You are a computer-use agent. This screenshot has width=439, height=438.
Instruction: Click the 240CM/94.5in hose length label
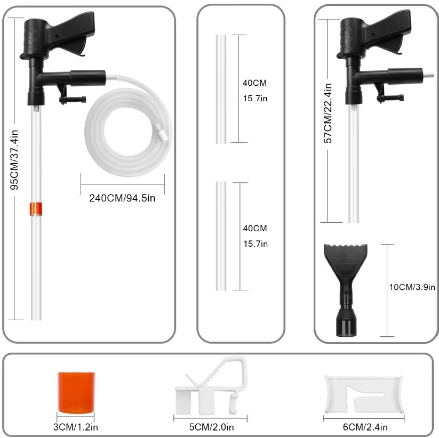tap(122, 198)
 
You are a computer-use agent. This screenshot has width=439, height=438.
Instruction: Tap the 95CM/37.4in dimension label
tap(14, 160)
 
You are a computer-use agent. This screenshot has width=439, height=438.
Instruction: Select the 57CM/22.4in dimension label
tap(328, 113)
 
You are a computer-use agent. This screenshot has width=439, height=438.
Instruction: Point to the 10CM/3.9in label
tap(412, 287)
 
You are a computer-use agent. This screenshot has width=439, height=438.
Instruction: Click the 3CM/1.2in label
tap(76, 427)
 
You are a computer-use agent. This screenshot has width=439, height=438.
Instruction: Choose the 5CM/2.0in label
tap(211, 427)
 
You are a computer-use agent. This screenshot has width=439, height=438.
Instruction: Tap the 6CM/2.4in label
tap(365, 427)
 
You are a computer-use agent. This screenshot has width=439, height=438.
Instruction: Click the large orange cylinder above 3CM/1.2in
tap(76, 392)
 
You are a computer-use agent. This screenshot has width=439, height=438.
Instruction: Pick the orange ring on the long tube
tap(36, 209)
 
